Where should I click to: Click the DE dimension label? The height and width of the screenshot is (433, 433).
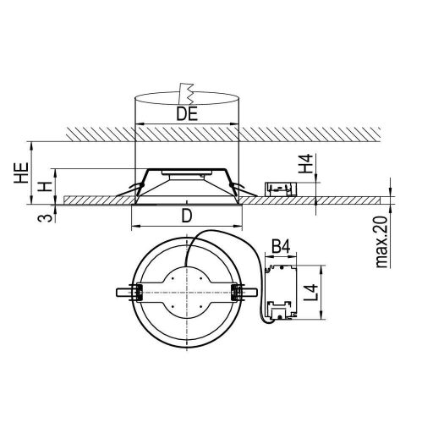pyautogui.click(x=187, y=114)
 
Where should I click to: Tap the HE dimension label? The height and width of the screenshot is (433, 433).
pyautogui.click(x=22, y=173)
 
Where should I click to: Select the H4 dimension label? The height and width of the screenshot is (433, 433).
pyautogui.click(x=306, y=163)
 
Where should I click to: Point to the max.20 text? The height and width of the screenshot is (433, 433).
pyautogui.click(x=382, y=242)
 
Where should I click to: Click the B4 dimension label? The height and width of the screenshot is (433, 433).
pyautogui.click(x=281, y=247)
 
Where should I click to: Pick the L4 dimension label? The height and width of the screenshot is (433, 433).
pyautogui.click(x=312, y=293)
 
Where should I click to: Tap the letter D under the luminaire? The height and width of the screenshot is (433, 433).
pyautogui.click(x=187, y=216)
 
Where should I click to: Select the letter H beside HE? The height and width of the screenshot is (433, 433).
pyautogui.click(x=46, y=187)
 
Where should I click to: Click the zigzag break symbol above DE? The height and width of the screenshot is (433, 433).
pyautogui.click(x=186, y=94)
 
